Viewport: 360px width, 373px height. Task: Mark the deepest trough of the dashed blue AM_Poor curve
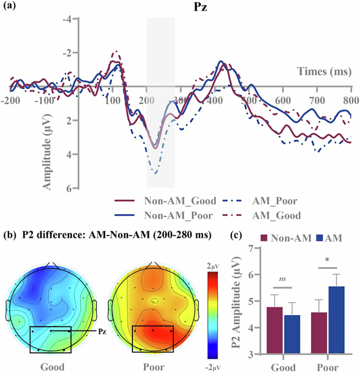click(156, 173)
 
